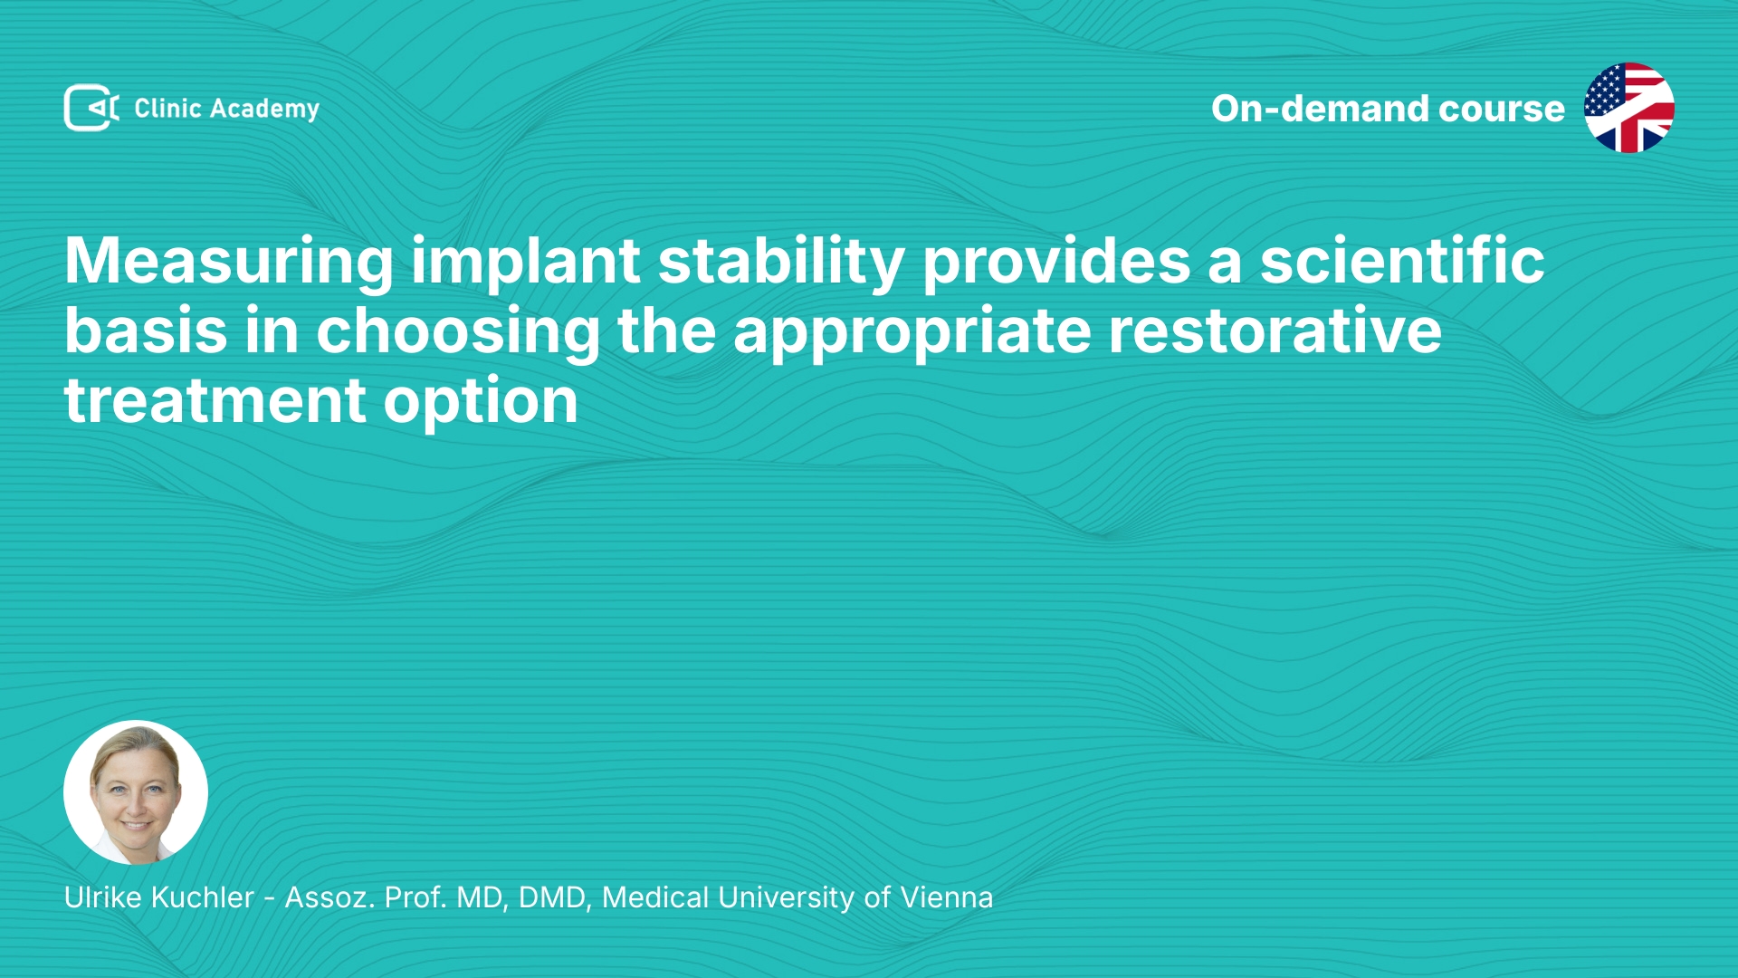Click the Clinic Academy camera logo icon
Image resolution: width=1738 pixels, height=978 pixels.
91,108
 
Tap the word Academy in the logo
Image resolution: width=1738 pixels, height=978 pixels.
264,110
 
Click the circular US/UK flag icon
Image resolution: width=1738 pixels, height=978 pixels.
1629,108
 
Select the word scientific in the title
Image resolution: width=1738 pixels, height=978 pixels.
1402,261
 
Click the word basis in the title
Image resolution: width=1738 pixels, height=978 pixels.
146,331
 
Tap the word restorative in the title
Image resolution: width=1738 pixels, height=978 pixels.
1275,331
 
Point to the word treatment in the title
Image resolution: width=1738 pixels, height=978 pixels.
215,401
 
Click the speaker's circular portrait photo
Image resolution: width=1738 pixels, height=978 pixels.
136,792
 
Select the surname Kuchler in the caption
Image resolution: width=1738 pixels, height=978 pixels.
203,897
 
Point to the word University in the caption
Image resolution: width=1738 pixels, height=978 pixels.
786,898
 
